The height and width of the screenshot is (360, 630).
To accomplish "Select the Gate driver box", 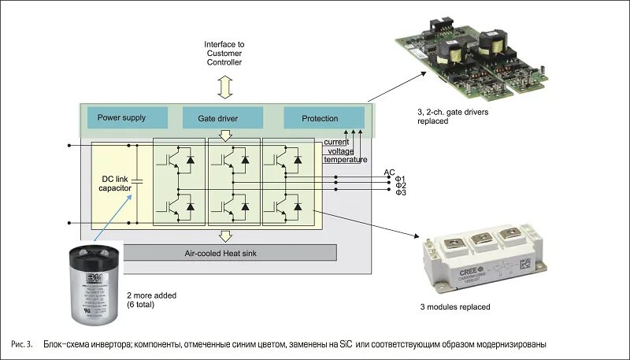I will pyautogui.click(x=222, y=119).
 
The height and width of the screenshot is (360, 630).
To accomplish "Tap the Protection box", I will pyautogui.click(x=320, y=119).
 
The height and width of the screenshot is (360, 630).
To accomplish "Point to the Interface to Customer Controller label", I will pyautogui.click(x=224, y=53).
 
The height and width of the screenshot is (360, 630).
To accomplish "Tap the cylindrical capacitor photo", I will pyautogui.click(x=95, y=284).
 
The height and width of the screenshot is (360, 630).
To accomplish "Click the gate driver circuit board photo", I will pyautogui.click(x=488, y=60).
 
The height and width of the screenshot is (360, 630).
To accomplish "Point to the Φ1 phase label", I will pyautogui.click(x=400, y=179).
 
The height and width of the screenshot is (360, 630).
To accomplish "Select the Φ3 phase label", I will pyautogui.click(x=400, y=193).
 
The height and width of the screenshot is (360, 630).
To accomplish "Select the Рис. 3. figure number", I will pyautogui.click(x=22, y=345).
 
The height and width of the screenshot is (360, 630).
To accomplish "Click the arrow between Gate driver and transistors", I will pyautogui.click(x=225, y=136).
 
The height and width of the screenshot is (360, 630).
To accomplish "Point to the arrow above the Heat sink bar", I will pyautogui.click(x=225, y=236).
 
